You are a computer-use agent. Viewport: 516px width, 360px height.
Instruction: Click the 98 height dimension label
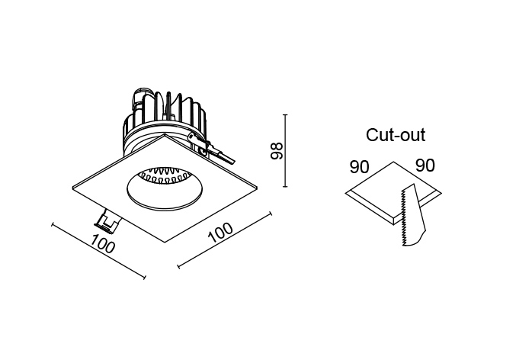click(277, 150)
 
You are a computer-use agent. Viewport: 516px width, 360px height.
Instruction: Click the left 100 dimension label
click(104, 243)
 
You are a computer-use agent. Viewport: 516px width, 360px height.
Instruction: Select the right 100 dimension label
click(220, 232)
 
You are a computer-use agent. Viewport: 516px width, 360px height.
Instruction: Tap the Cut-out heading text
click(396, 135)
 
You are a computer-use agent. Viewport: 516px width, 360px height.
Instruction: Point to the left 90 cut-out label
click(359, 167)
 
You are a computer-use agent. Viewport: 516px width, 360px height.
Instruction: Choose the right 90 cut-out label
click(425, 166)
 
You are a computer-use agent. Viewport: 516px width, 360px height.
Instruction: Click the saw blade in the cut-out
click(412, 216)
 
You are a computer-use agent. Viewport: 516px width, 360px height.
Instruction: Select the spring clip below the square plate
click(107, 220)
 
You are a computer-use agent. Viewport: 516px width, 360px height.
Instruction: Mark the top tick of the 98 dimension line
click(285, 115)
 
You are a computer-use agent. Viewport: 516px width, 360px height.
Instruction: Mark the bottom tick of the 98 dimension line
click(285, 187)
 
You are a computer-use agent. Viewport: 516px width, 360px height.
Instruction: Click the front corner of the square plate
click(165, 243)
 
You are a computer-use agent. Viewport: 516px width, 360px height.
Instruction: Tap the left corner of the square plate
click(72, 188)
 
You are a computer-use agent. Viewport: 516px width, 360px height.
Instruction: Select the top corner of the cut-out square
click(393, 162)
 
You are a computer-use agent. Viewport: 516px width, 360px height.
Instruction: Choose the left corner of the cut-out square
click(345, 193)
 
